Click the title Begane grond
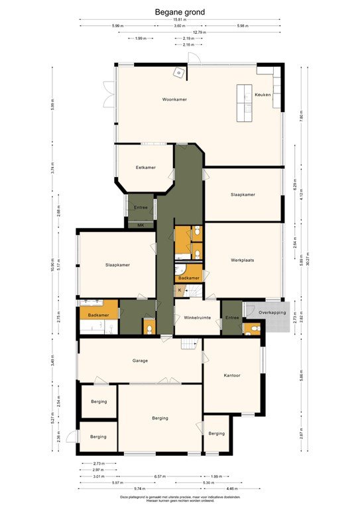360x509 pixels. point(180,11)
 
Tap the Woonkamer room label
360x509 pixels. point(174,99)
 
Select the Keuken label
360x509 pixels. point(263,95)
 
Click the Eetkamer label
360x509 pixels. point(145,167)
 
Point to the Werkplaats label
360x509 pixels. point(243,260)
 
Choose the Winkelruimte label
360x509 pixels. point(197,317)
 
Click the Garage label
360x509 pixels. point(139,361)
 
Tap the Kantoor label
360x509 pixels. point(231,376)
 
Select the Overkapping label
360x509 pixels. point(272,311)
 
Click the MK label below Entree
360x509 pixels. point(141,225)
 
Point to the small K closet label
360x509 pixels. point(179,290)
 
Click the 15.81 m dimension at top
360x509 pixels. point(180,19)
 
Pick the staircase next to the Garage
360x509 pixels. point(190,343)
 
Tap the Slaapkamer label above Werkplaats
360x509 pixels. point(243,194)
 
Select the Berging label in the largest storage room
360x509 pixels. point(160,418)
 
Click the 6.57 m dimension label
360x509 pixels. point(160,476)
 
